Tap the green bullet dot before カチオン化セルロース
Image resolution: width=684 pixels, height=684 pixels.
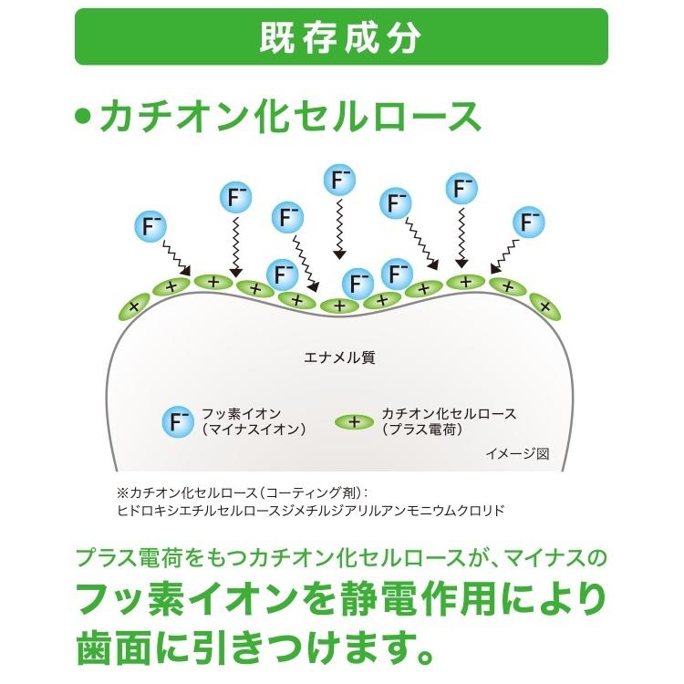[84, 118]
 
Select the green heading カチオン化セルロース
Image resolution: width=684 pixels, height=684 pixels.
[290, 118]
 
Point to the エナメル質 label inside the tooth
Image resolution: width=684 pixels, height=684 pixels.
[339, 358]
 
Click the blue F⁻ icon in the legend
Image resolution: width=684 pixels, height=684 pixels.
[176, 421]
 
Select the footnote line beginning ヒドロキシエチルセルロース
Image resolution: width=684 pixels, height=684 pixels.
[310, 511]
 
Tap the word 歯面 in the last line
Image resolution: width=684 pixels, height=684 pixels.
[109, 646]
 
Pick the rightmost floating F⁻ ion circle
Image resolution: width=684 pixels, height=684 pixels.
[529, 222]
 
